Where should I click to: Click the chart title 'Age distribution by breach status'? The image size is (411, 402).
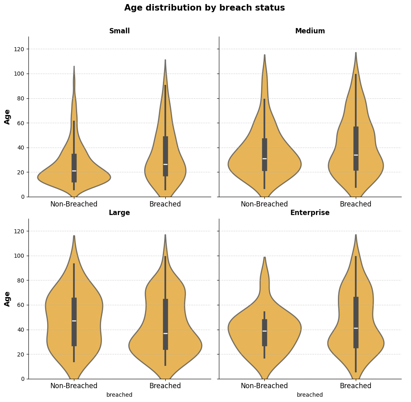click(204, 8)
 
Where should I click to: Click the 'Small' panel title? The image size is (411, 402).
click(119, 31)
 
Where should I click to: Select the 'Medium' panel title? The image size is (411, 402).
click(310, 31)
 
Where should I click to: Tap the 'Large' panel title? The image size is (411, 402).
click(119, 213)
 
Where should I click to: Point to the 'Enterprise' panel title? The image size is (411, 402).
click(310, 213)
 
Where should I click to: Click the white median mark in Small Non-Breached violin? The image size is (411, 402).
click(74, 171)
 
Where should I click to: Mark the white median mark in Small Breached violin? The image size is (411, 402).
click(165, 165)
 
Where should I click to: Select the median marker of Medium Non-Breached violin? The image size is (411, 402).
click(264, 159)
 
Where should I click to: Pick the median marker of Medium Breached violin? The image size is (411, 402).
click(356, 155)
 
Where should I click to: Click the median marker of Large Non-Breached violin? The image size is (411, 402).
click(74, 321)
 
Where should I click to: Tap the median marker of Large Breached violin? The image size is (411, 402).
click(165, 333)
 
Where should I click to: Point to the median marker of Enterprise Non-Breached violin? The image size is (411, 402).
click(264, 331)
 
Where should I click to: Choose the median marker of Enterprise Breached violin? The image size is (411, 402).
click(356, 328)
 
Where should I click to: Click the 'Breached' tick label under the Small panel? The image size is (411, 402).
click(165, 204)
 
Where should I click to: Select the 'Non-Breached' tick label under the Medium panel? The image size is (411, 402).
click(264, 204)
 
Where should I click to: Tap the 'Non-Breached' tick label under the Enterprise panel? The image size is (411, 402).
click(264, 386)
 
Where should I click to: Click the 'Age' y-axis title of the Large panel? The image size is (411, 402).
click(8, 298)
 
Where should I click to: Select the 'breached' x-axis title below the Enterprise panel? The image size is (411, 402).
click(310, 395)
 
